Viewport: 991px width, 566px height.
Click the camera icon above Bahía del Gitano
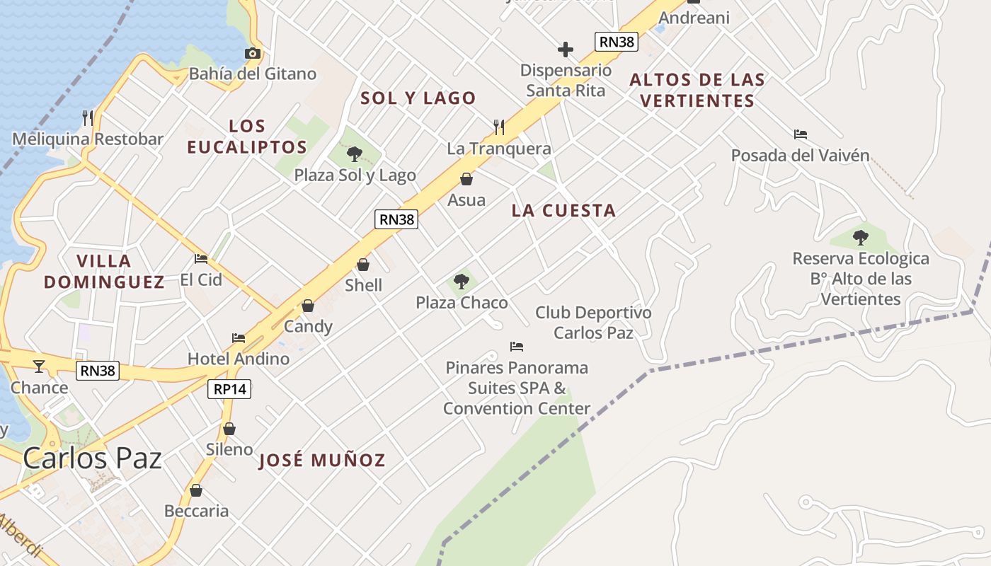[253, 53]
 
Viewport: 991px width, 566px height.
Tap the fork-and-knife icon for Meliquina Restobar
[88, 117]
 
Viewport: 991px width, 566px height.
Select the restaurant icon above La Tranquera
[499, 127]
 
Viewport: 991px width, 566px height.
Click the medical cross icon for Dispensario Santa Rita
[566, 50]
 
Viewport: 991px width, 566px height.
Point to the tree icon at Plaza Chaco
[462, 282]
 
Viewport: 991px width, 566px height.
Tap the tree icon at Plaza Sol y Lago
[355, 154]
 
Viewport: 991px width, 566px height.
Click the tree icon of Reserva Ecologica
[861, 237]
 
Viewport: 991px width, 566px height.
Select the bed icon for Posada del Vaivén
[801, 134]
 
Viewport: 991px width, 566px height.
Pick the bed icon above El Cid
[201, 258]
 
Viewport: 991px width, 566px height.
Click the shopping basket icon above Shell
[363, 265]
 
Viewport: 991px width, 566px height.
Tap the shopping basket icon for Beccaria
[196, 490]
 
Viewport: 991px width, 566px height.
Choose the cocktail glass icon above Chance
[39, 366]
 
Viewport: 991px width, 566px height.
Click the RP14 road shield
[230, 389]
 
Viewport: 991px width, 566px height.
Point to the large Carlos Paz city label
[92, 458]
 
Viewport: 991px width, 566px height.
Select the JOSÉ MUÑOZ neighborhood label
[322, 461]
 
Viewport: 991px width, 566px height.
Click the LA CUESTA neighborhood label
[563, 211]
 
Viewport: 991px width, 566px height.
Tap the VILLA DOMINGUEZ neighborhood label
[104, 272]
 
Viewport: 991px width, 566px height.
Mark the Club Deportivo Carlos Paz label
[593, 323]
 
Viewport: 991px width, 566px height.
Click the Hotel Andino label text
[239, 359]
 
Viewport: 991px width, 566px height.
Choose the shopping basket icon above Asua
[466, 179]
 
